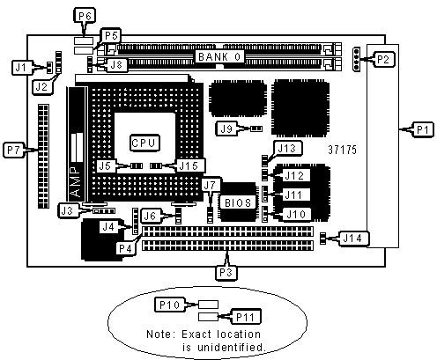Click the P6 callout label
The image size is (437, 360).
pos(85,16)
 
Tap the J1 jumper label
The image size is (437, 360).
pos(21,68)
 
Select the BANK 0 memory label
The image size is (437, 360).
pos(220,56)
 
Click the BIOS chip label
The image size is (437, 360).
pos(238,202)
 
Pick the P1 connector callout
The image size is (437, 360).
pos(423,129)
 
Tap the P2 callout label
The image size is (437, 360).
pos(383,59)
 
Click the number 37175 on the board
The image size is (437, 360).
pos(343,150)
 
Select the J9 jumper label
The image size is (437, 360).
pos(226,129)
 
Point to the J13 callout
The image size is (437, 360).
pos(287,149)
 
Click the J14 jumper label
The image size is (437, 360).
pos(353,239)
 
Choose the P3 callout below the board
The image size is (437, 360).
pos(226,273)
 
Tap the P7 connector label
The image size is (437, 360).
pos(14,150)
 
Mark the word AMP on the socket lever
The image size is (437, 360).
pos(76,181)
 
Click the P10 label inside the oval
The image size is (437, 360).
pos(170,305)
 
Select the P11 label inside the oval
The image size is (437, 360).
pos(246,317)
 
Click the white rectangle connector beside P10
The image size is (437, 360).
pos(208,305)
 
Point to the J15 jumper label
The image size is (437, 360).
pos(189,166)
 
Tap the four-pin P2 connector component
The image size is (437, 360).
pos(357,59)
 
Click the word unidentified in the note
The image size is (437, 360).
pos(231,348)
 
